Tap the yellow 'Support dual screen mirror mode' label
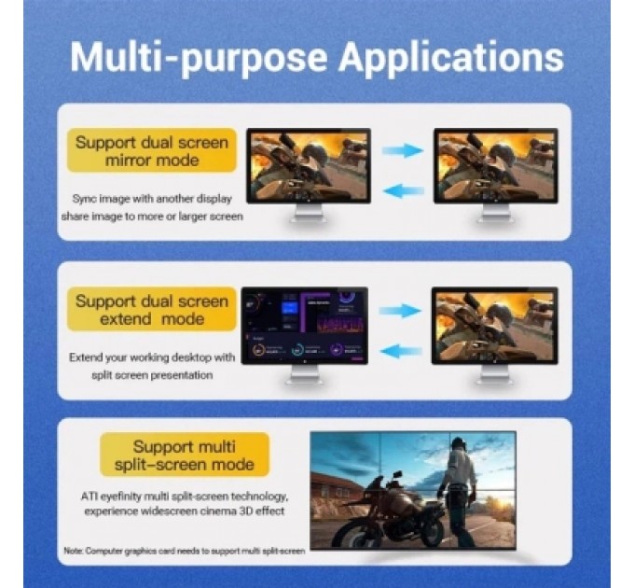click(151, 151)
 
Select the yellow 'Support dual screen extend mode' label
click(151, 310)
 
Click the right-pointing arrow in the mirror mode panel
click(403, 149)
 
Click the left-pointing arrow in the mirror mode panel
click(403, 190)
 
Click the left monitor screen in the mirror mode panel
click(307, 165)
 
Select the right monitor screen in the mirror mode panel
click(494, 165)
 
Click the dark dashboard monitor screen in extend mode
click(304, 326)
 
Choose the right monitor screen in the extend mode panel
click(494, 324)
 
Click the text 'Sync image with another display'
click(152, 199)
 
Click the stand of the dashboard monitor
click(304, 375)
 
